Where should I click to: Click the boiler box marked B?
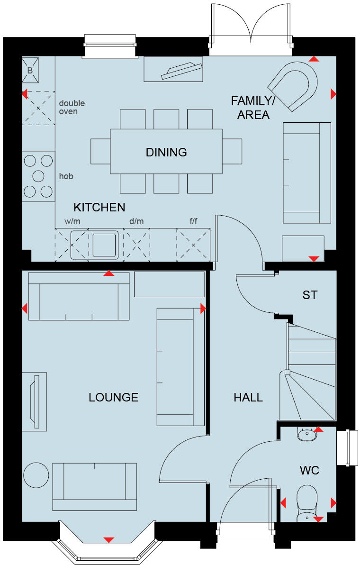click(x=30, y=70)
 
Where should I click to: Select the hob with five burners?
click(x=38, y=176)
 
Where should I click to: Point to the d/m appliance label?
click(x=136, y=221)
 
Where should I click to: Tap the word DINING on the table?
click(x=166, y=152)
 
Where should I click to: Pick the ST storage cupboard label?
click(x=310, y=295)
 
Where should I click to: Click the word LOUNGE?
click(x=114, y=397)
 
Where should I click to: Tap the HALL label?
click(x=248, y=397)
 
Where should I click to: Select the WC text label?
click(x=309, y=470)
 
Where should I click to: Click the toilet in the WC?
click(x=306, y=501)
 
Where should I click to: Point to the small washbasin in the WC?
click(x=307, y=434)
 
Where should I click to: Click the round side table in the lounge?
click(x=36, y=475)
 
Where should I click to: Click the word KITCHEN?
click(x=99, y=207)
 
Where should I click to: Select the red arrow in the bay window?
click(x=109, y=540)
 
